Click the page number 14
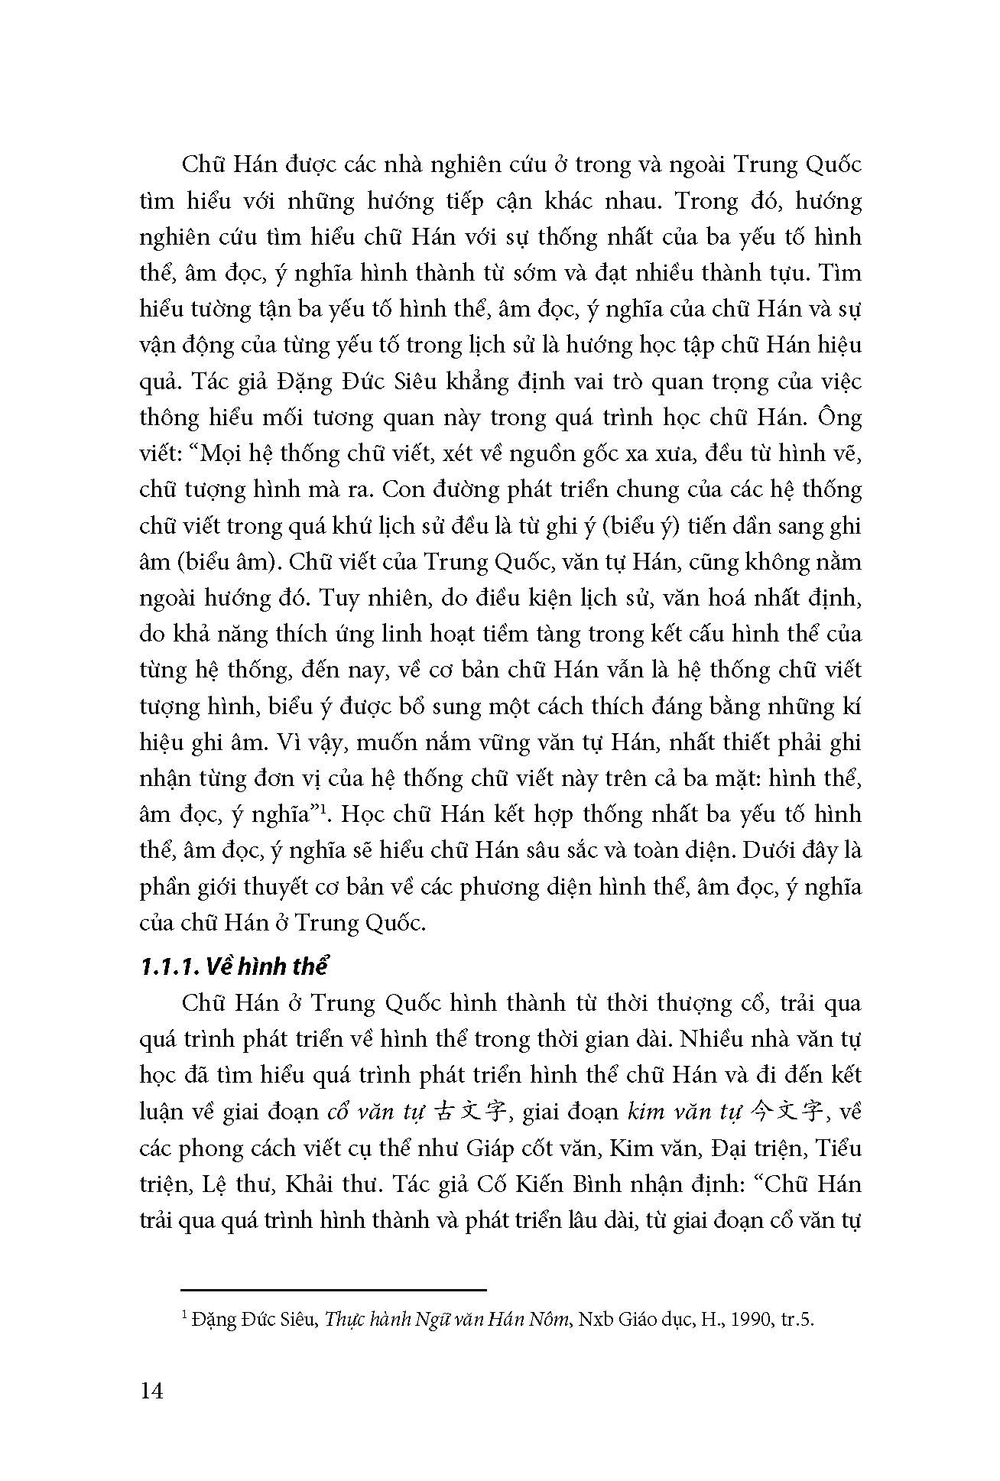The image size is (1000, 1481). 152,1390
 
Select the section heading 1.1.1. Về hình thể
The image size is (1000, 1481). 234,966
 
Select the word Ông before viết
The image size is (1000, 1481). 840,417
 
